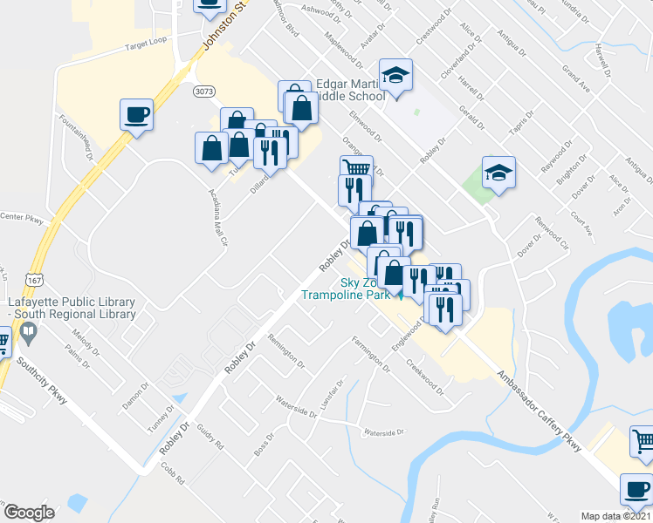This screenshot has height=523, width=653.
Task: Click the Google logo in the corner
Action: [x=28, y=513]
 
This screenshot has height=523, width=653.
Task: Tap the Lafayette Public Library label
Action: [x=72, y=309]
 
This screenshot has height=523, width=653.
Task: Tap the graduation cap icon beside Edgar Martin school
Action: [x=395, y=75]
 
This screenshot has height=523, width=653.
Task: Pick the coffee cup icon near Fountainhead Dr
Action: [x=137, y=114]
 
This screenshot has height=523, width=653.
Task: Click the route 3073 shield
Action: [x=205, y=91]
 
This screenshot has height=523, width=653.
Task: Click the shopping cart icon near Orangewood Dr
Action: [x=354, y=168]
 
